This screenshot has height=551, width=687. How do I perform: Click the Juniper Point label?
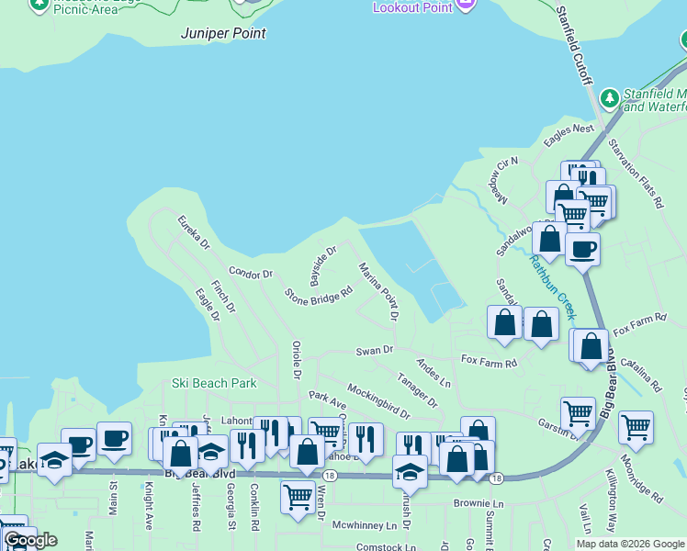pyautogui.click(x=224, y=33)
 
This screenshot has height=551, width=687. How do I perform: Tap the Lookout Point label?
pyautogui.click(x=412, y=7)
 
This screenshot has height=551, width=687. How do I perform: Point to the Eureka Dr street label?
pyautogui.click(x=194, y=232)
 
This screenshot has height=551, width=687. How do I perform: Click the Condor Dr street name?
pyautogui.click(x=251, y=273)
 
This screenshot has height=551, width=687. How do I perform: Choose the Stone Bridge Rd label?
pyautogui.click(x=319, y=296)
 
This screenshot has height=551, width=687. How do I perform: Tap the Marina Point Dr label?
pyautogui.click(x=378, y=291)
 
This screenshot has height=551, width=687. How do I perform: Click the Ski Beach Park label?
pyautogui.click(x=214, y=382)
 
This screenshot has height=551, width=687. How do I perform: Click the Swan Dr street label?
pyautogui.click(x=375, y=350)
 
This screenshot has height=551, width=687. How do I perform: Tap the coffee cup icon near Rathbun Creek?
pyautogui.click(x=582, y=249)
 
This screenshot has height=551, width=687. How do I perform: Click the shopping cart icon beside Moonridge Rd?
pyautogui.click(x=636, y=426)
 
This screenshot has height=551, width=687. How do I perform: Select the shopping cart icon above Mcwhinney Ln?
pyautogui.click(x=298, y=496)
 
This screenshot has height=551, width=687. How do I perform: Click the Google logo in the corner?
pyautogui.click(x=29, y=540)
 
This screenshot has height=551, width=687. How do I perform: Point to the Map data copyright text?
pyautogui.click(x=630, y=544)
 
